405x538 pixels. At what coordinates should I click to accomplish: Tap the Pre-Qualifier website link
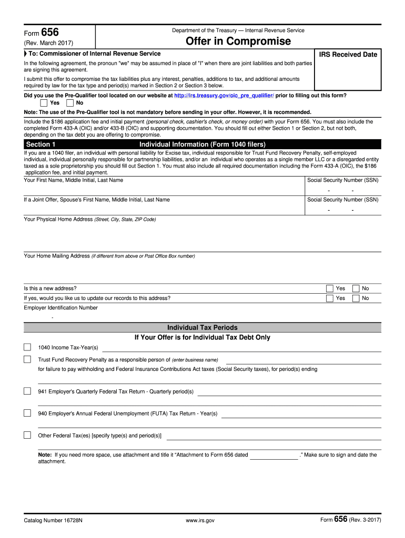click(x=224, y=96)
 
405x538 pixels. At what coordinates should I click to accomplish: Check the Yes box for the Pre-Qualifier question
click(x=44, y=103)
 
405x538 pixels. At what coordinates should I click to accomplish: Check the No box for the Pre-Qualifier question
click(x=70, y=103)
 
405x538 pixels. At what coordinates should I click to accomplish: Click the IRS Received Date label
click(x=348, y=55)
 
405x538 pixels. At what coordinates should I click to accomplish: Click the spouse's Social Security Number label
click(x=342, y=200)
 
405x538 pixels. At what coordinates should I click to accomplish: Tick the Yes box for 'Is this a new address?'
click(x=330, y=288)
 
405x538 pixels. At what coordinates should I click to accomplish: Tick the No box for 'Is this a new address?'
click(x=356, y=288)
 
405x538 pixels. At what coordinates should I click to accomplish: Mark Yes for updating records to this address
click(x=330, y=298)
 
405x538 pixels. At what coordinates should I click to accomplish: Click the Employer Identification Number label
click(x=60, y=308)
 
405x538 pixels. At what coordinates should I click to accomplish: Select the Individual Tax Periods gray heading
click(x=202, y=327)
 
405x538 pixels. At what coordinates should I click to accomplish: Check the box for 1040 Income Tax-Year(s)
click(x=27, y=347)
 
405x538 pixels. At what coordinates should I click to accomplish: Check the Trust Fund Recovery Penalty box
click(x=27, y=359)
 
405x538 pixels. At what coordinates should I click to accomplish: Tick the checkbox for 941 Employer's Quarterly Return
click(x=27, y=391)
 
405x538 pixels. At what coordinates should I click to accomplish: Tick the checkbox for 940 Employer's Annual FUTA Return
click(x=27, y=413)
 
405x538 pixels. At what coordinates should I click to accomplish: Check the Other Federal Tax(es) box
click(x=27, y=435)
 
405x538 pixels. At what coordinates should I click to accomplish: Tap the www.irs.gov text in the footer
click(x=200, y=521)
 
